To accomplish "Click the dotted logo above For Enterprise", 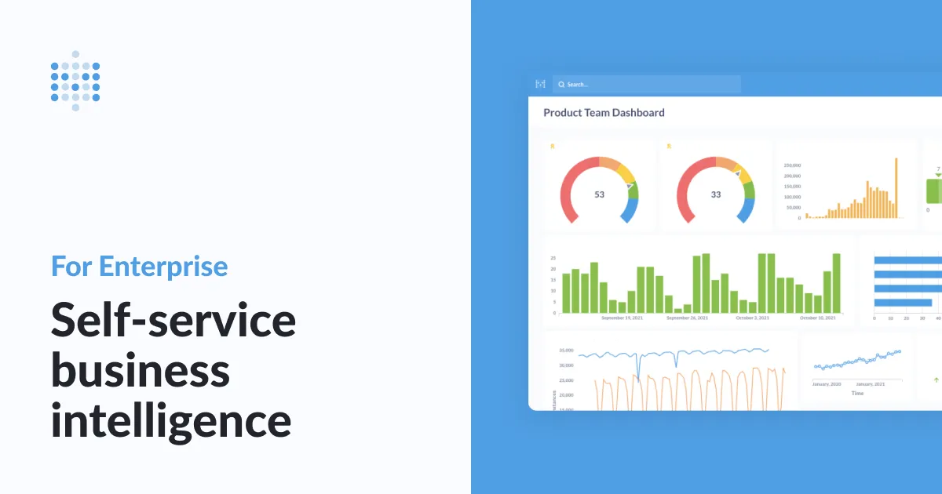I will tap(75, 81).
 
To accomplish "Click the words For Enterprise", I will tap(140, 267).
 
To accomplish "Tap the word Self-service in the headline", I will tap(173, 320).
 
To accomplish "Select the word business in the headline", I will tap(141, 370).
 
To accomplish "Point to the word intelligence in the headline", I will tap(171, 421).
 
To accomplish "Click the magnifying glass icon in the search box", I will tap(561, 84).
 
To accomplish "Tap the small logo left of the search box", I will tap(539, 84).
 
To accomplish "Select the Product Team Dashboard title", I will tap(604, 113).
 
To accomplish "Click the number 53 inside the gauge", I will tap(599, 194).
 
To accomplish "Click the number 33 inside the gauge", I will tap(715, 194).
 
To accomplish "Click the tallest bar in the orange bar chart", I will tap(896, 188).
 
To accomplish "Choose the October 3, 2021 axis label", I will tap(753, 318).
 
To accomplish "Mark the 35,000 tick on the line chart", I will tap(565, 351).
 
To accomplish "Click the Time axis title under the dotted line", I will tap(857, 393).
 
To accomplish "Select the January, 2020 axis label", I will tap(826, 384).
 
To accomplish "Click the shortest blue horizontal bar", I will tap(903, 303).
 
